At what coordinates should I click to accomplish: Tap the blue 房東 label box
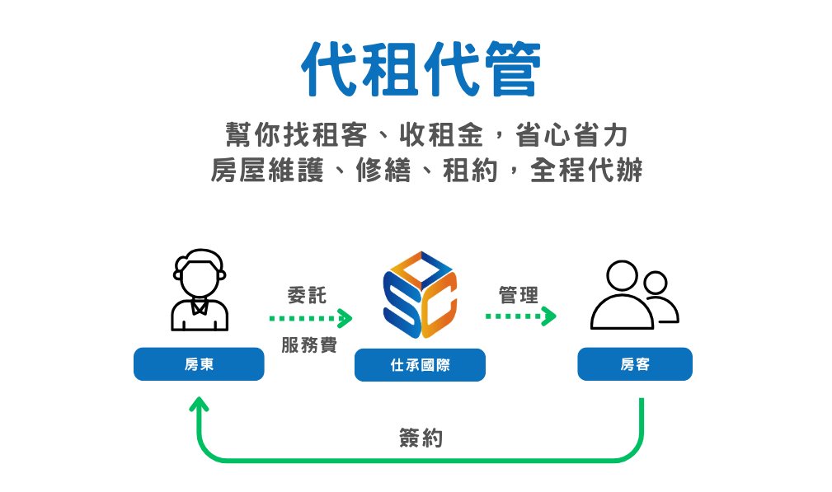click(x=199, y=364)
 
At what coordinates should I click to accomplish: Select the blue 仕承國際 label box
click(x=420, y=365)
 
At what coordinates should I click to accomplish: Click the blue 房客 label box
click(x=634, y=364)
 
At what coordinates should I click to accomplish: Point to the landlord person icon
click(x=199, y=290)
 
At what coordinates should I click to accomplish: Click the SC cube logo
click(x=420, y=294)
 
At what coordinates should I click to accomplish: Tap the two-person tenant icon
click(x=633, y=295)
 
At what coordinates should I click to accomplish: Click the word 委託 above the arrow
click(x=307, y=295)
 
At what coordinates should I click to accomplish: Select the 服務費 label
click(x=309, y=345)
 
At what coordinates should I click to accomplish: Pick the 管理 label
click(x=519, y=295)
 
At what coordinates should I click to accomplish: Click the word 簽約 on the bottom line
click(x=421, y=438)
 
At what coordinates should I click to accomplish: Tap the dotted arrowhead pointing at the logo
click(x=345, y=318)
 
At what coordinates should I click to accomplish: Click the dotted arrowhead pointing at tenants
click(x=549, y=316)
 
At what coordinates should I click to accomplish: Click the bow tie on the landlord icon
click(x=200, y=307)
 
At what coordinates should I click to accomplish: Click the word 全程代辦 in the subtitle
click(x=586, y=171)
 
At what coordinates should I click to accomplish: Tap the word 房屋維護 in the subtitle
click(x=267, y=171)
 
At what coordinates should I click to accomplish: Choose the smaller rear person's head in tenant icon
click(x=656, y=283)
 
